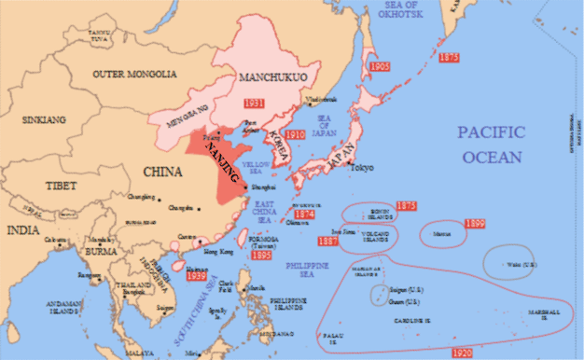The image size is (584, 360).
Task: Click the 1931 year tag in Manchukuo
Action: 254,101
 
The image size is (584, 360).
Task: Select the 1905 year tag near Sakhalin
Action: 379,67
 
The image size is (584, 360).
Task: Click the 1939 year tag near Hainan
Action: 196,275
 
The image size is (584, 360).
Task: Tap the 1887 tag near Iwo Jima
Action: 327,242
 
